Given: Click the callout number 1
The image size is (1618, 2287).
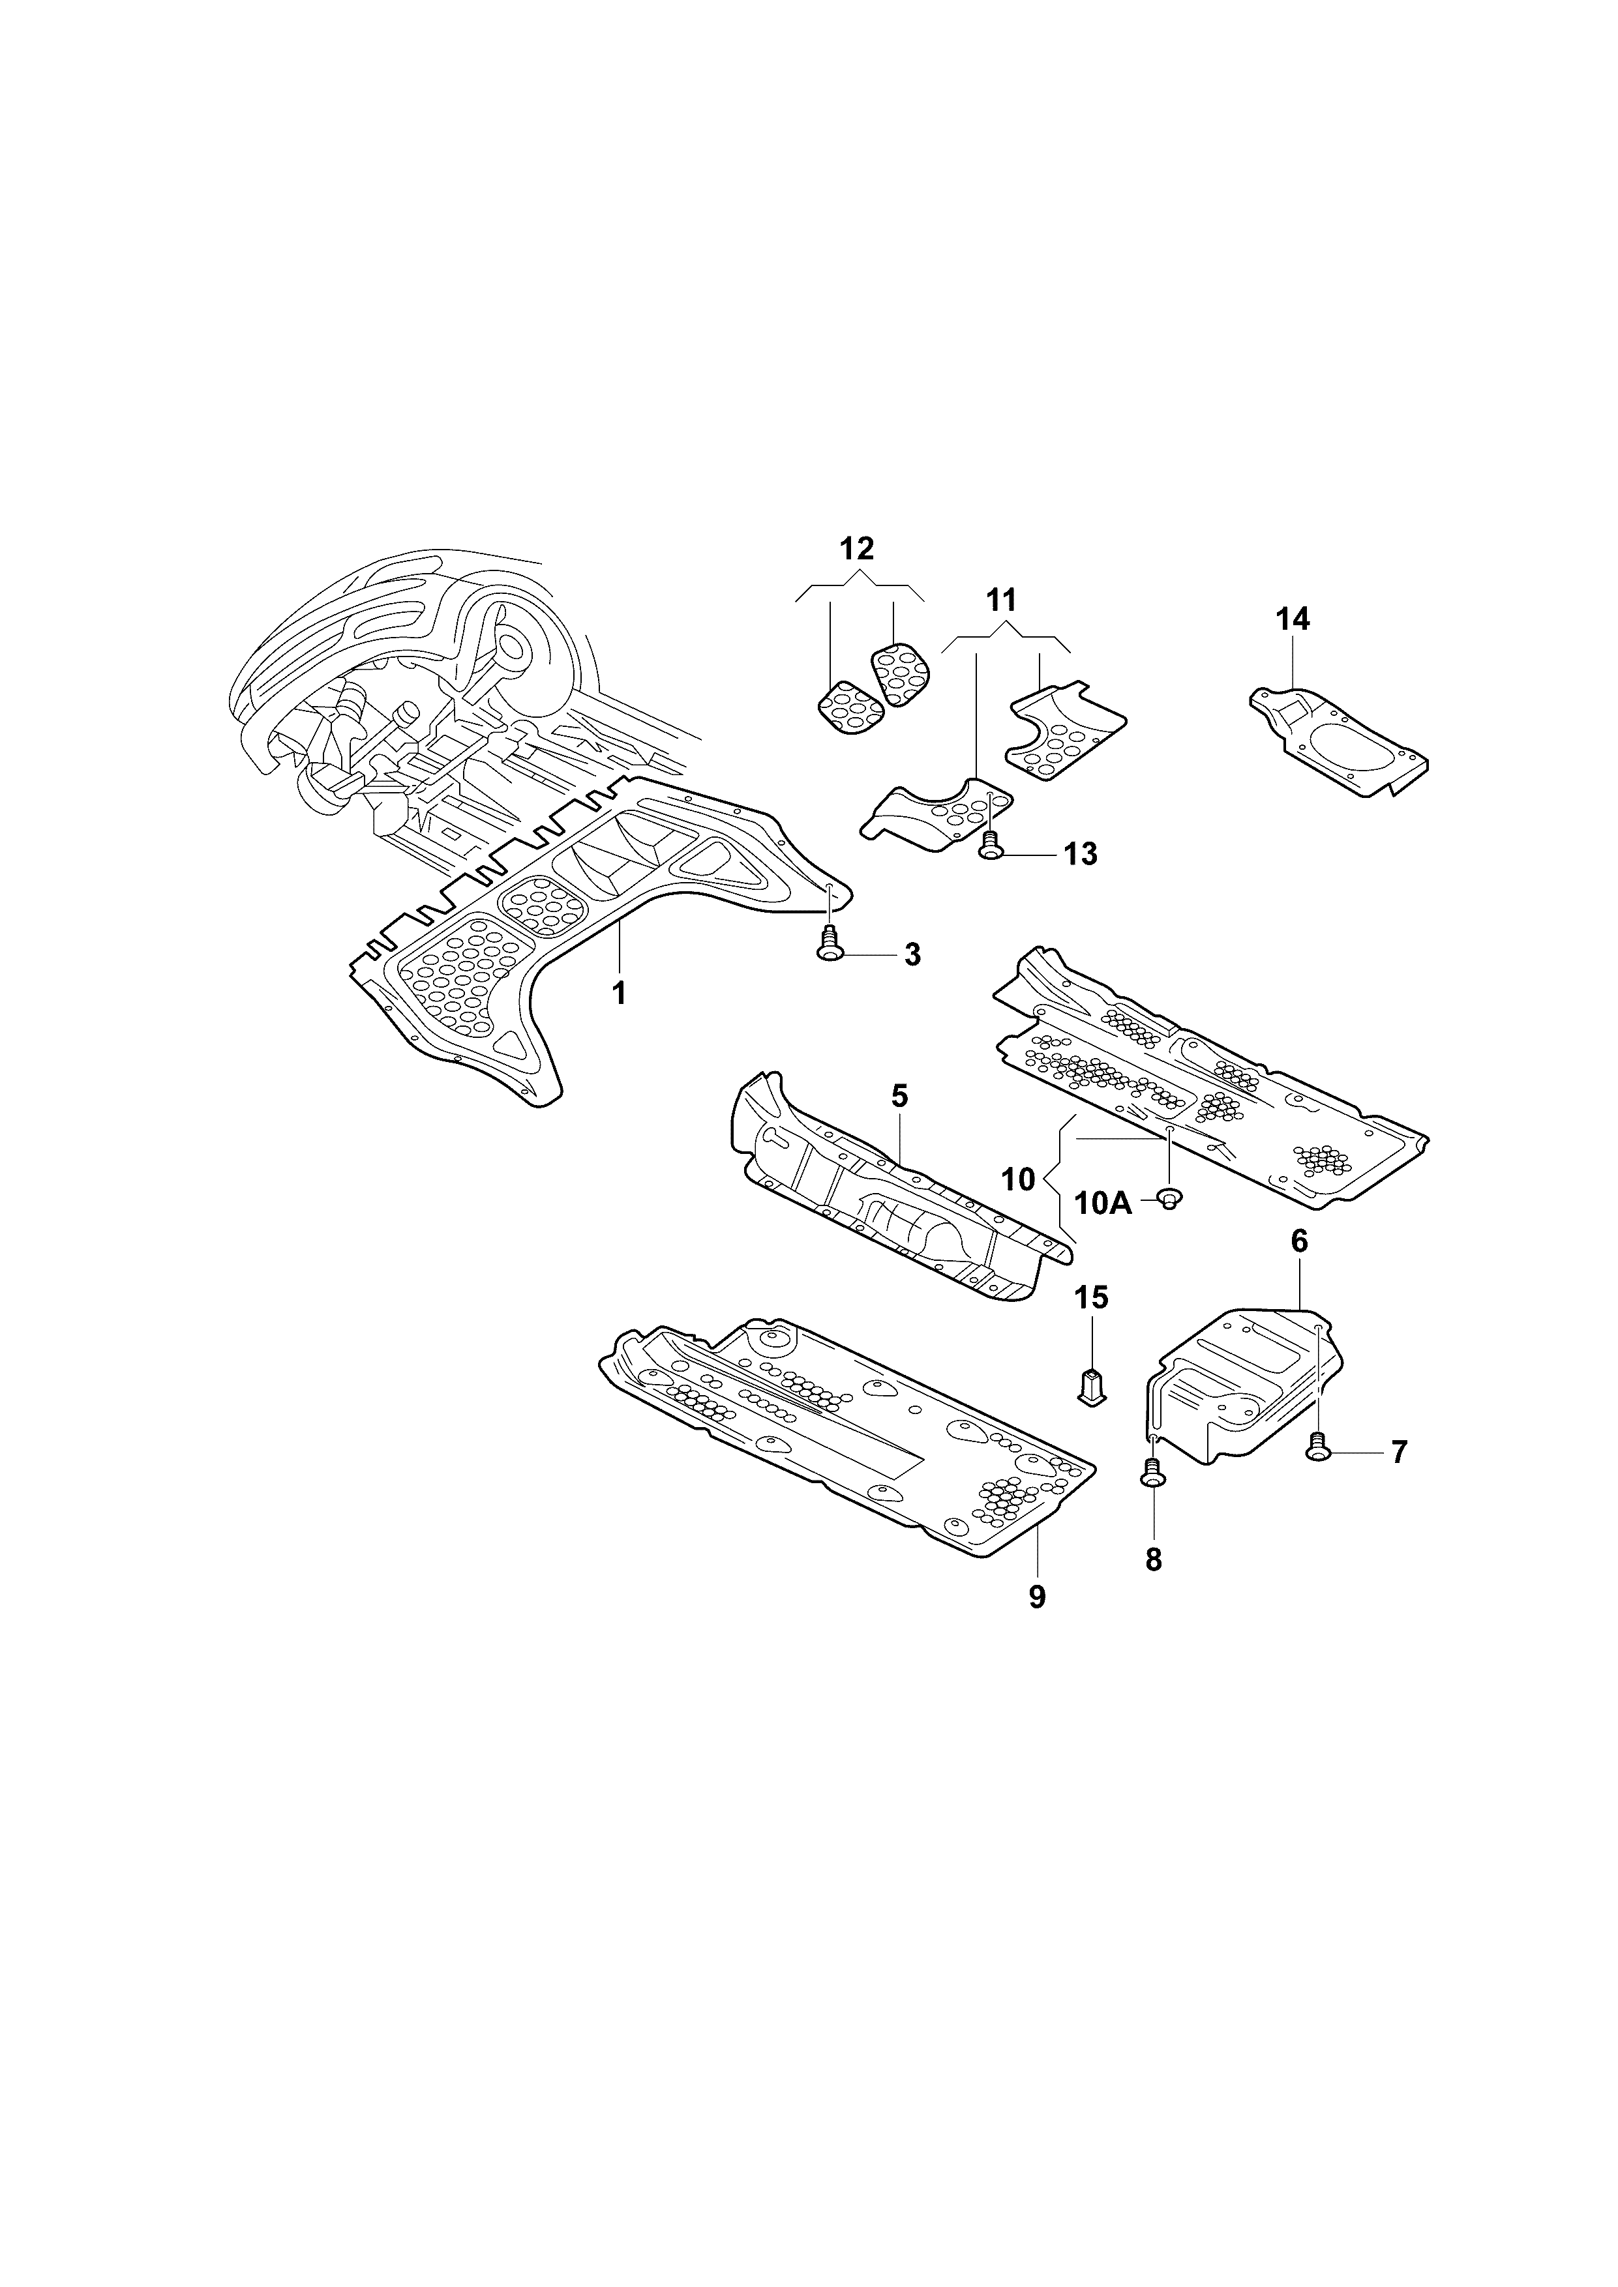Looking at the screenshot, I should pos(619,992).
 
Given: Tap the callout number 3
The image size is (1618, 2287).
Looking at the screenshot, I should pos(912,954).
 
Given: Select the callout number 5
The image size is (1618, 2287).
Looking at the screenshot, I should pos(900,1097).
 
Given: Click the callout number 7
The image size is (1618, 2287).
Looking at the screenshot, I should pos(1399,1453).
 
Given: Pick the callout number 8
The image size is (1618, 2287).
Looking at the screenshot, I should pos(1154,1560).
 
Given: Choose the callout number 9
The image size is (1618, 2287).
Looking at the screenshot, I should pos(1037,1597).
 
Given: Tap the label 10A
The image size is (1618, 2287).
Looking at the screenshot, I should pos(1104,1203).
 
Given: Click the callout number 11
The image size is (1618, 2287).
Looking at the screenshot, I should pos(1000,600).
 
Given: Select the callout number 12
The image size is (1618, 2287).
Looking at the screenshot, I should pos(857,549).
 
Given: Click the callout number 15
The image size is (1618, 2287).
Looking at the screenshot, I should pos(1091,1297).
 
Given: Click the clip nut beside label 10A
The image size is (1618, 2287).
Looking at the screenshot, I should pos(1171,1198).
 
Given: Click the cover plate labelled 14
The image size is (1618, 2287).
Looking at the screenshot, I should pos(1340,738).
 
